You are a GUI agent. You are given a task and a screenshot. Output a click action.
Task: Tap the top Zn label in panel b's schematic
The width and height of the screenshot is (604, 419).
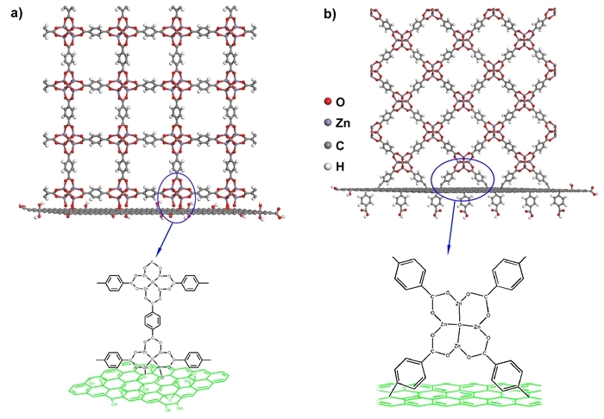(462, 304)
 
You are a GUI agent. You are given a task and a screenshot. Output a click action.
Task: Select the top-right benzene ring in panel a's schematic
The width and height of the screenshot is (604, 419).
(191, 280)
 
